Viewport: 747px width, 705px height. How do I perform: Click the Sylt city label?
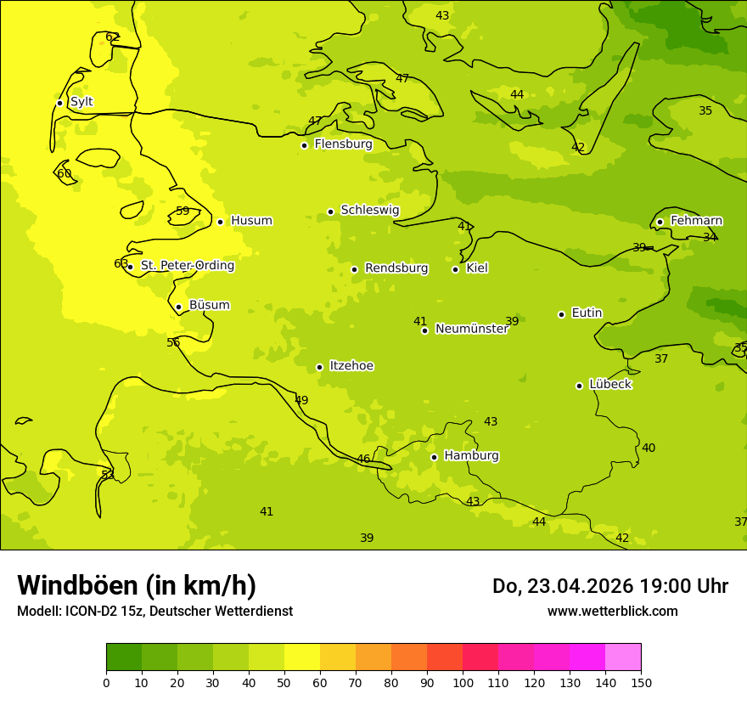tap(81, 102)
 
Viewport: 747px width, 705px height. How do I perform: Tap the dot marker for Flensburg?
tap(304, 145)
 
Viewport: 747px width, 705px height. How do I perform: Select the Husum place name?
tap(251, 221)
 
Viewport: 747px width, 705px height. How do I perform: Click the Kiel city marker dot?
tap(455, 269)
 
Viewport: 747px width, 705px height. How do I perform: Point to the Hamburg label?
tap(471, 456)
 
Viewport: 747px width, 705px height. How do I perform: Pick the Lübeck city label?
tap(610, 385)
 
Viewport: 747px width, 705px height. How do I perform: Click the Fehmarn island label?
tap(696, 221)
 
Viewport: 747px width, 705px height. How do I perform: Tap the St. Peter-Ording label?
tap(188, 266)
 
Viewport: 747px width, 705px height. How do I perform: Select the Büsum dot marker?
tap(178, 307)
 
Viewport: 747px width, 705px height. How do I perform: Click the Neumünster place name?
tap(471, 329)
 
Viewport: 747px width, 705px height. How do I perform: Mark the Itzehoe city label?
tap(351, 366)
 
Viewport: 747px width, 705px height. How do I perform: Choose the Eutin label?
tap(587, 313)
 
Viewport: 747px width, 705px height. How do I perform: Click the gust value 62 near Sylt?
tap(112, 37)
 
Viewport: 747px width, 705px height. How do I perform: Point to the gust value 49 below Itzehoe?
tap(301, 401)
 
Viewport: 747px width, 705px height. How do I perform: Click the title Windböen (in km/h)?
tap(137, 586)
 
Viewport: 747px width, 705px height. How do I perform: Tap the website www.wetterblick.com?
tap(612, 612)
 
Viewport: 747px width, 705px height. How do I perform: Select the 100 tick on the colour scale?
tap(463, 683)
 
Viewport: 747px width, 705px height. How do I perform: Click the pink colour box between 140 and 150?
tap(623, 657)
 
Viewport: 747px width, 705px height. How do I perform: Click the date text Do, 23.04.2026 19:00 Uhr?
tap(610, 586)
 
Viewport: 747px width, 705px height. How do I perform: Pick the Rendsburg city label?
tap(396, 268)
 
